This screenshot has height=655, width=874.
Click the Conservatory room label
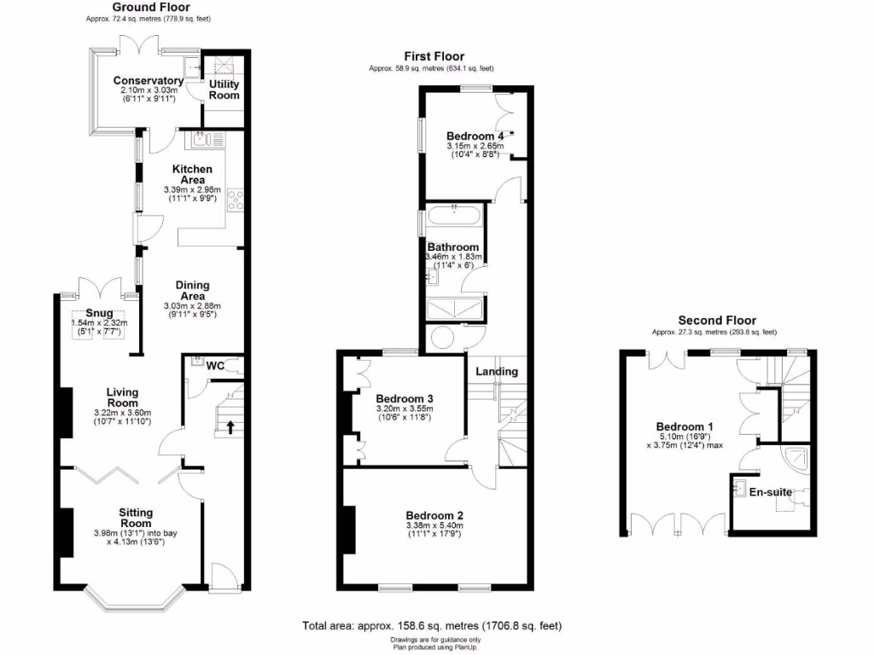(149, 81)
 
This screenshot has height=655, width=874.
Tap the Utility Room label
(224, 90)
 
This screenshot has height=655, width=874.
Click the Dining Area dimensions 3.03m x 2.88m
(192, 306)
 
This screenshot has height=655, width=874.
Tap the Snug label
(99, 313)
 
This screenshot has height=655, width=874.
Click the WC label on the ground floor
(215, 366)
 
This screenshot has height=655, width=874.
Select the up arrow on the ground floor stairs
(229, 426)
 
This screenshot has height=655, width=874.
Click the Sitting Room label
(136, 518)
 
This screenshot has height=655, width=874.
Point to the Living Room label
(122, 397)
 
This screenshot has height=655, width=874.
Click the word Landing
(497, 372)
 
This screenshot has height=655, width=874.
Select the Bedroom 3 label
(405, 398)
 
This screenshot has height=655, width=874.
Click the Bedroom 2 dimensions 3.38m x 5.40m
(434, 526)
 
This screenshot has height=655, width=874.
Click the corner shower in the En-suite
(801, 459)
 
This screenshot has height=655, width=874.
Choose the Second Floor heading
(714, 320)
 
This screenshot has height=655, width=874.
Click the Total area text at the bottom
(432, 626)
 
